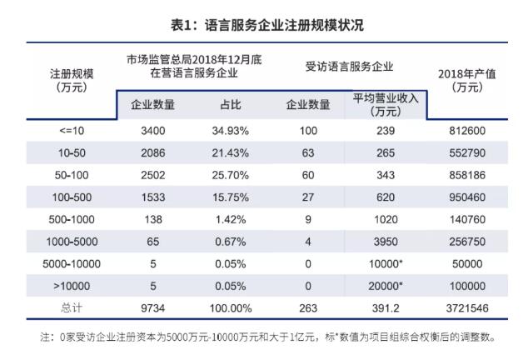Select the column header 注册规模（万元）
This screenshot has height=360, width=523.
pyautogui.click(x=72, y=80)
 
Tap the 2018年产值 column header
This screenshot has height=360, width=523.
pyautogui.click(x=466, y=80)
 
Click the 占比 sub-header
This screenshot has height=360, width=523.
pyautogui.click(x=227, y=105)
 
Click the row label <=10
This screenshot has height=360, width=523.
pyautogui.click(x=72, y=131)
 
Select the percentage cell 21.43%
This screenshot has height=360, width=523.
pyautogui.click(x=227, y=155)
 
